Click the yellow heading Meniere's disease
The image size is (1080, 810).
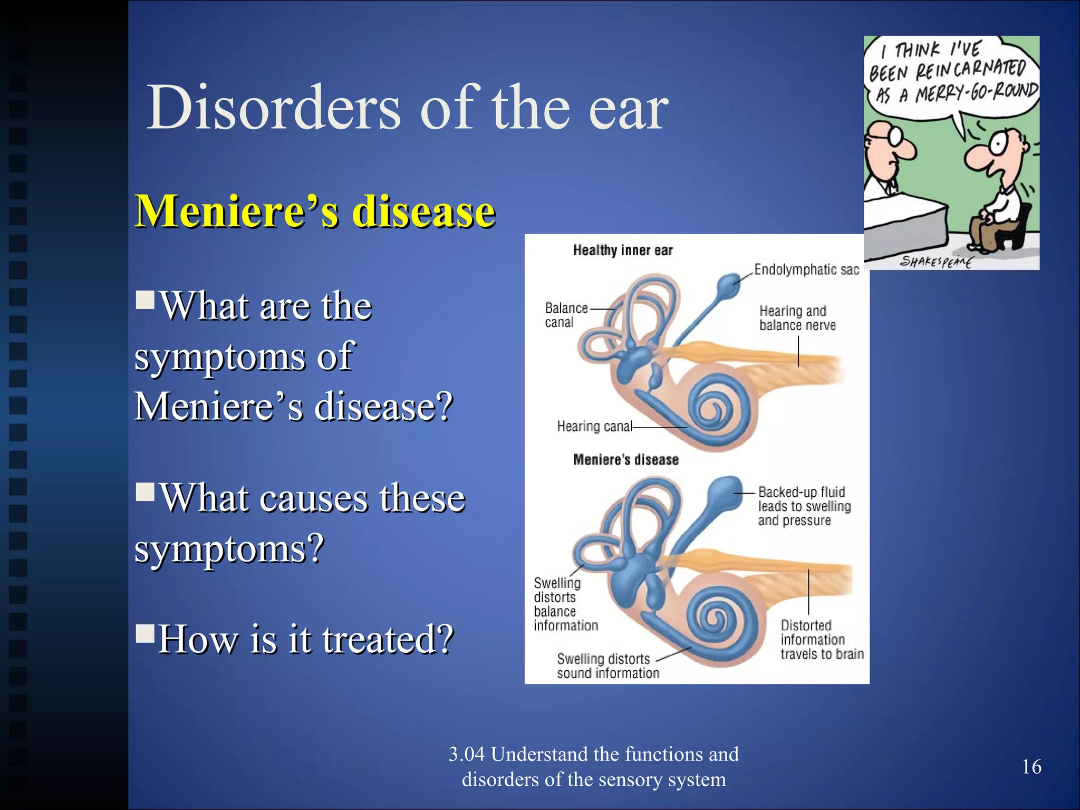(x=315, y=211)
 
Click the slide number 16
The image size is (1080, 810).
(x=1031, y=767)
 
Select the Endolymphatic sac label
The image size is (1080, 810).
(x=806, y=270)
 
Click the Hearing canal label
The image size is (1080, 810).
(x=594, y=426)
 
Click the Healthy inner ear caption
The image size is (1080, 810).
(x=622, y=250)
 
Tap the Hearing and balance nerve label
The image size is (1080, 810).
(x=797, y=318)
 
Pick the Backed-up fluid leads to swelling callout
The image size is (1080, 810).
(x=804, y=506)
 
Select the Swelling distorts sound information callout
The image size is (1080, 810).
(x=607, y=666)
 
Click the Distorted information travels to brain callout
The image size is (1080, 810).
(x=821, y=640)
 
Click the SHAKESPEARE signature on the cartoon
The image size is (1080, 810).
(x=936, y=261)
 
